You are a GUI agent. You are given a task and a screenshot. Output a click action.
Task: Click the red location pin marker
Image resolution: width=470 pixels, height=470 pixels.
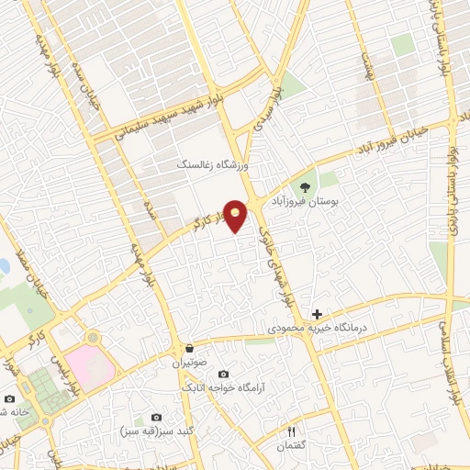[237, 218]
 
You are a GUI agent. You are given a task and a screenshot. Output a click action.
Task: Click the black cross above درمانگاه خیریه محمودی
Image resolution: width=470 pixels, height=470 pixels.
[318, 314]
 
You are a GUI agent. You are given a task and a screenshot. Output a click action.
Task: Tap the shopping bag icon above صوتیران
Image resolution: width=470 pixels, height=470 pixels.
[188, 349]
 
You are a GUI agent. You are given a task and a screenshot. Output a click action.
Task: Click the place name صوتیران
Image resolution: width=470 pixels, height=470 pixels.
[189, 363]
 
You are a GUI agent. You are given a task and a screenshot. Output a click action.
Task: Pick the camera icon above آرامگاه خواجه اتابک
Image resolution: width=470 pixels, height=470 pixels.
[223, 375]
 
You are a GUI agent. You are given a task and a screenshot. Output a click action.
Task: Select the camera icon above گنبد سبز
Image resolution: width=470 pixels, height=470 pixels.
[154, 418]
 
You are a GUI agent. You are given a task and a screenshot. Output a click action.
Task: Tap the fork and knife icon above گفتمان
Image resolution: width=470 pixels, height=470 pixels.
[292, 431]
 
